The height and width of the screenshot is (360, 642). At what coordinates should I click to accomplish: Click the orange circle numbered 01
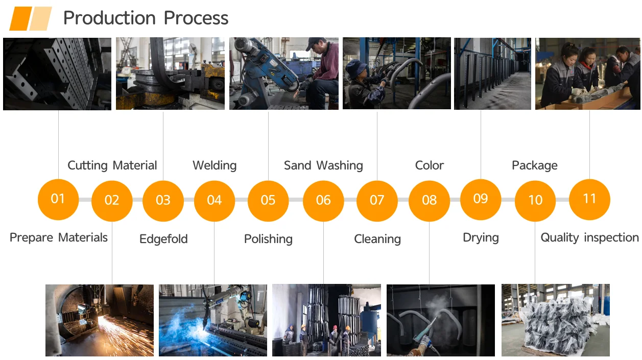[x=58, y=199]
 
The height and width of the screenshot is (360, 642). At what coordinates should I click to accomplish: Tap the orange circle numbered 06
[x=323, y=201]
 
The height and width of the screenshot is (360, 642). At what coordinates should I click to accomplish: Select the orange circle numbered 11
[x=589, y=199]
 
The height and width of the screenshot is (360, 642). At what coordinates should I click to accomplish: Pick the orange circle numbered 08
[x=429, y=201]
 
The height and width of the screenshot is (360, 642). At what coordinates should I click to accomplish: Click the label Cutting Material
[x=112, y=165]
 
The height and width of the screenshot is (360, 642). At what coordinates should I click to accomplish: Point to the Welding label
[x=215, y=165]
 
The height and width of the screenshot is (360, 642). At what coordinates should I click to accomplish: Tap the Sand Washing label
[x=323, y=165]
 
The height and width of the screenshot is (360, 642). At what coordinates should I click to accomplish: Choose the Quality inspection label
[x=589, y=237]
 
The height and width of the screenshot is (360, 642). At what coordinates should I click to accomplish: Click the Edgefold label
[x=163, y=239]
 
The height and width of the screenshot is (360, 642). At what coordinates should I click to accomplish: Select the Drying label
[x=481, y=237]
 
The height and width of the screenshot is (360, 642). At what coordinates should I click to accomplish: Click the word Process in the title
[x=196, y=18]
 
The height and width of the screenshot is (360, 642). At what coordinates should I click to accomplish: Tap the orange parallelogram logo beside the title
[x=31, y=18]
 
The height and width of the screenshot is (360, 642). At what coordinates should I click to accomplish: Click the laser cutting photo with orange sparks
[x=100, y=320]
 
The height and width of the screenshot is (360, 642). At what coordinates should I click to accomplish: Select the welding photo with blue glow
[x=213, y=320]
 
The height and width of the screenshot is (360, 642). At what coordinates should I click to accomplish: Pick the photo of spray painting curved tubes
[x=441, y=320]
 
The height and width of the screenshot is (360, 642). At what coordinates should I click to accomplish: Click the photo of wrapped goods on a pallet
[x=556, y=320]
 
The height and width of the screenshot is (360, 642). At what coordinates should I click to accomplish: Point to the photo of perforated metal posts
[x=57, y=74]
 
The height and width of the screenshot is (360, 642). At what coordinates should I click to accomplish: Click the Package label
[x=535, y=165]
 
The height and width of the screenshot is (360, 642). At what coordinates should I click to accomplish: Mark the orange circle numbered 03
[x=163, y=201]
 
